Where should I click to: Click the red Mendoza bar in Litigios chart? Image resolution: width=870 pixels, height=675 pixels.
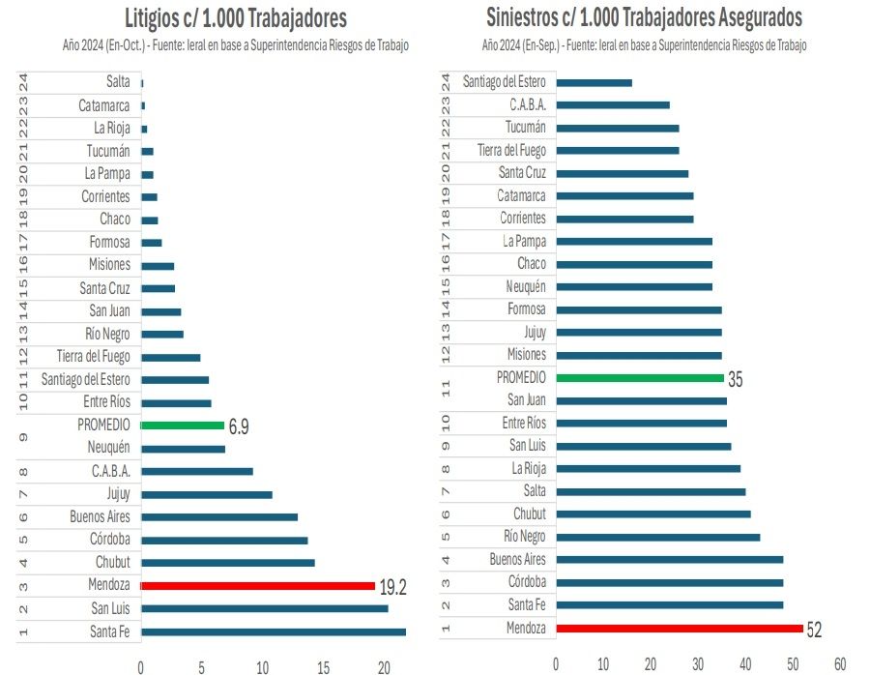[x=257, y=585]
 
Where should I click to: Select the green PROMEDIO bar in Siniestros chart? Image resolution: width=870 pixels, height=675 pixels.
[x=639, y=378]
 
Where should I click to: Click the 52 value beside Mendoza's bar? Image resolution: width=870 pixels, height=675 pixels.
[x=814, y=630]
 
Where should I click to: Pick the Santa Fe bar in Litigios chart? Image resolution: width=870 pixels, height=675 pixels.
[x=273, y=631]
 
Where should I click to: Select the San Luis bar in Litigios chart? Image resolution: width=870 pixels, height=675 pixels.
[x=264, y=608]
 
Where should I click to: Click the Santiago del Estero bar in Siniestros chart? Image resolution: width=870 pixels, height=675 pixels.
[x=594, y=82]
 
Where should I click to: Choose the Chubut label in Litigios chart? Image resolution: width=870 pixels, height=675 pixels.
[x=112, y=563]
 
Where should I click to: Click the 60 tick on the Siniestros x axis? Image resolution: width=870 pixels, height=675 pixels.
[x=839, y=663]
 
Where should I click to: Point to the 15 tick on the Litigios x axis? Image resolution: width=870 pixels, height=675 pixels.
[x=323, y=667]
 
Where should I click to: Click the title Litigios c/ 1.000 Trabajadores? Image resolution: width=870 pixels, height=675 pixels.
[x=236, y=18]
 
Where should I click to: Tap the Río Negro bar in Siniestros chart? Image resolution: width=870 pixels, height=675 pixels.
[x=657, y=537]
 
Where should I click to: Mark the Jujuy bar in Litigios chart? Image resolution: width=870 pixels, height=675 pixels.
[x=206, y=494]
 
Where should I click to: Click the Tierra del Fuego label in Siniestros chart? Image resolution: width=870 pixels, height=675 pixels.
[x=511, y=151]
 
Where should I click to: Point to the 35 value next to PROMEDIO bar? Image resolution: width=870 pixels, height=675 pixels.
[x=736, y=380]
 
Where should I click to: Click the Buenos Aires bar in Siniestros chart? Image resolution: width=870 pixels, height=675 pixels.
[x=669, y=559]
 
